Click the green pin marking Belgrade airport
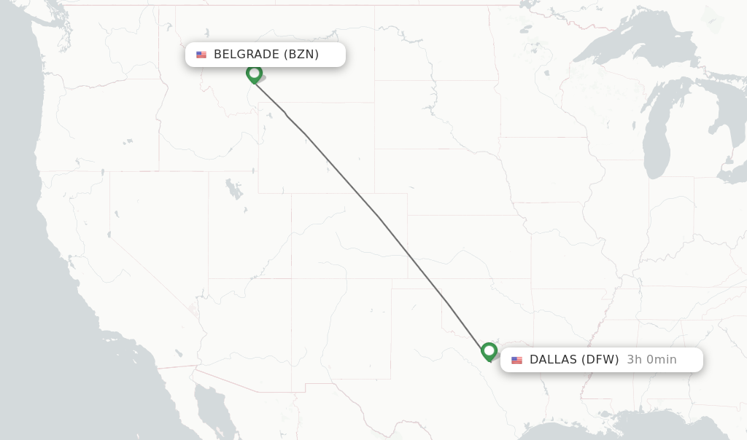[254, 74]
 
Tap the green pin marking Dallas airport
[489, 352]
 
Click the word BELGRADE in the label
[246, 55]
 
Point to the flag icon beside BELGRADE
[201, 55]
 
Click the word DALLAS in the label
[554, 360]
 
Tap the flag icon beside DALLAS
[517, 360]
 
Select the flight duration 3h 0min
[651, 360]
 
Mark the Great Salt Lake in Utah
[233, 189]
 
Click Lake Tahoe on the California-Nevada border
[116, 214]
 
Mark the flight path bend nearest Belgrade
[286, 114]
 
